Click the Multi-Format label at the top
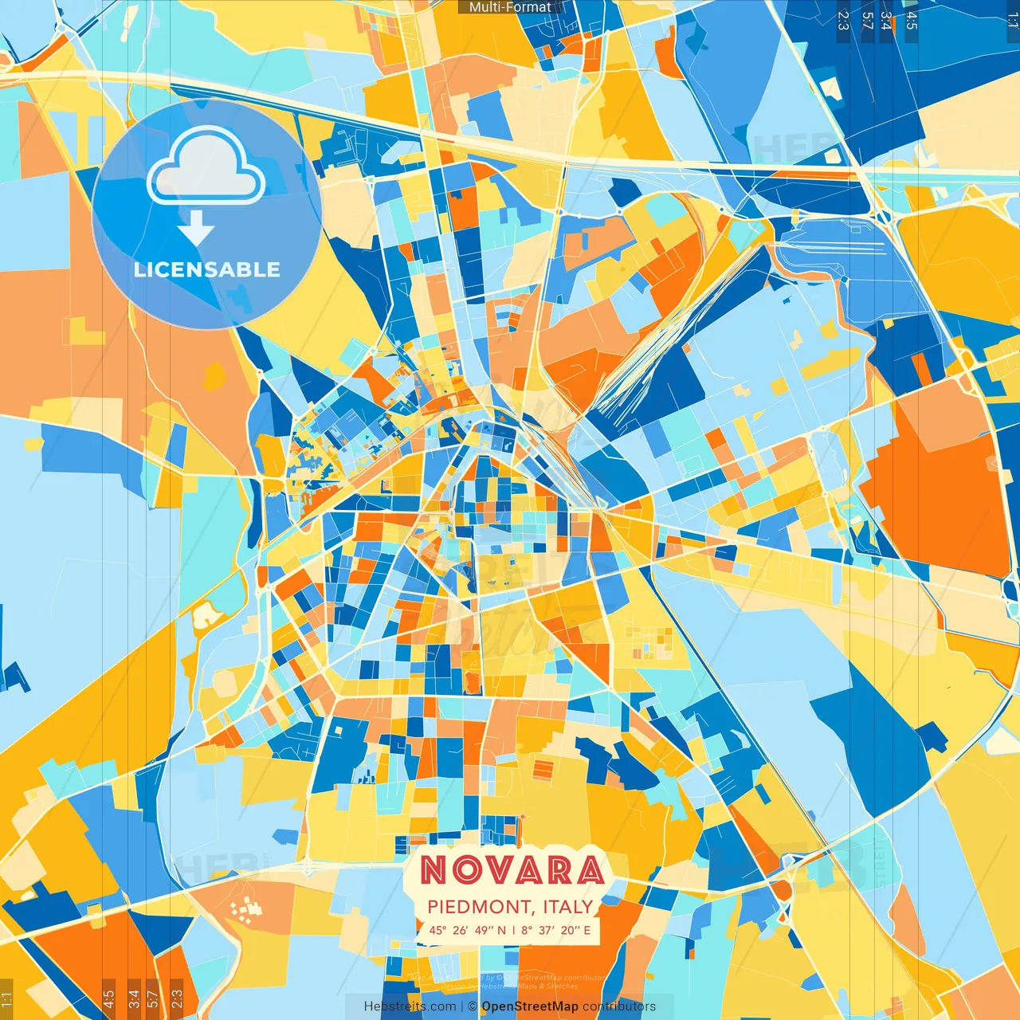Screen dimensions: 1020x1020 tap(509, 7)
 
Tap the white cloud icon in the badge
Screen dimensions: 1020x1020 tap(206, 167)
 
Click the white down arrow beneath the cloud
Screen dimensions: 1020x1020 tap(196, 229)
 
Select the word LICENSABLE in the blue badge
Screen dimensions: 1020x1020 tap(207, 269)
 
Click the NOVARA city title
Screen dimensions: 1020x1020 tap(512, 870)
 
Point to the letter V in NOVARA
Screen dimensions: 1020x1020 tap(513, 870)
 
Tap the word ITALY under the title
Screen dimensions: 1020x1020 tap(568, 907)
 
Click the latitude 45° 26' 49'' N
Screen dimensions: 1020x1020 tap(468, 930)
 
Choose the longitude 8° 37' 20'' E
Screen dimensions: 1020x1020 tap(556, 930)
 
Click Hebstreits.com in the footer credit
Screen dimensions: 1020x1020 tap(410, 1006)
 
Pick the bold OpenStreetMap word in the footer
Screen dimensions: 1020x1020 tap(530, 1006)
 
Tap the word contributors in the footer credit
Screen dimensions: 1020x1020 tap(619, 1006)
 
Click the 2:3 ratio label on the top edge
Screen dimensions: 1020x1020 tap(843, 20)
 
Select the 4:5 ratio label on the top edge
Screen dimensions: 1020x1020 tap(912, 20)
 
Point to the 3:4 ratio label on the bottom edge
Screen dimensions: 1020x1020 tap(134, 998)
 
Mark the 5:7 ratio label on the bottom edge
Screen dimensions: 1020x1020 tap(153, 998)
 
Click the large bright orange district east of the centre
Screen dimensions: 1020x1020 tap(940, 486)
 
